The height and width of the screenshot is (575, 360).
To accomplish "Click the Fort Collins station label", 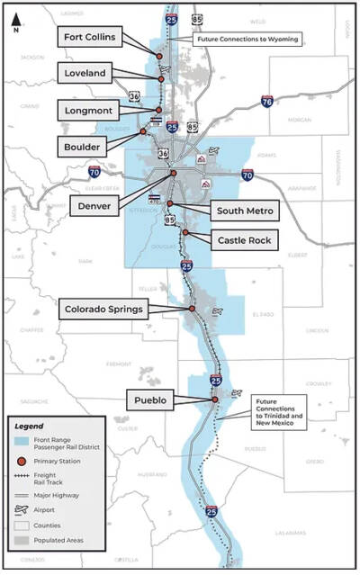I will pyautogui.click(x=92, y=37).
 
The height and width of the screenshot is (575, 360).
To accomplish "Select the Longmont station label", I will pyautogui.click(x=89, y=110).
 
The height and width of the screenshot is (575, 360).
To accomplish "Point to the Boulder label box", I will pyautogui.click(x=84, y=146).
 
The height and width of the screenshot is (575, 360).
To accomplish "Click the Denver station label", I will pyautogui.click(x=95, y=204).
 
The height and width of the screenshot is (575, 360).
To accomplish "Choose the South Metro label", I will pyautogui.click(x=245, y=211).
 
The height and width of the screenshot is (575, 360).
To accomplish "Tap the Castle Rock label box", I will pyautogui.click(x=243, y=240).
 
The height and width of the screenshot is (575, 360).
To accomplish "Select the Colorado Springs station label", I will pyautogui.click(x=103, y=310).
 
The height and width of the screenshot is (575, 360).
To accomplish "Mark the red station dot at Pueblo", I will pyautogui.click(x=215, y=400).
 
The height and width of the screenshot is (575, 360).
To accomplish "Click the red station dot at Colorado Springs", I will pyautogui.click(x=192, y=309).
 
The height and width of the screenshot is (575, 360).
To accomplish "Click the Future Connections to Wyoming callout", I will pyautogui.click(x=247, y=40).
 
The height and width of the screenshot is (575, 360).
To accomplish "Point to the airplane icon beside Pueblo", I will pyautogui.click(x=237, y=393).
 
